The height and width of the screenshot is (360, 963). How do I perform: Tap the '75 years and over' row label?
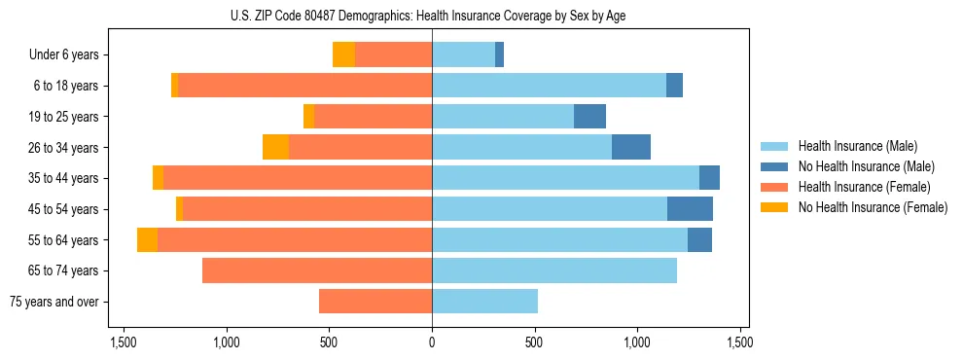click(54, 302)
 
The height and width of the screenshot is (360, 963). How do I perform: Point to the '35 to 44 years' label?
click(63, 178)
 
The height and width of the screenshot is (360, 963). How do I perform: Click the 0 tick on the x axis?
click(432, 342)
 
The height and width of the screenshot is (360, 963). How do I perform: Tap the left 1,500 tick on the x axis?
click(124, 342)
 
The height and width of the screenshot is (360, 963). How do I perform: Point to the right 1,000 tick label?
click(637, 342)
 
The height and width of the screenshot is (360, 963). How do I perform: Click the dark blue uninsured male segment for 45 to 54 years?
click(690, 209)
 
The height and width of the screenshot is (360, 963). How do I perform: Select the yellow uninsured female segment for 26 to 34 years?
click(275, 147)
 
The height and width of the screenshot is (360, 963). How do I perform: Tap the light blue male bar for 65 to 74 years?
click(554, 270)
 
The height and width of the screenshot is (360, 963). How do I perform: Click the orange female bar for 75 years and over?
click(375, 302)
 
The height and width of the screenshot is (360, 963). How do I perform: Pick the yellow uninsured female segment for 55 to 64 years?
click(147, 240)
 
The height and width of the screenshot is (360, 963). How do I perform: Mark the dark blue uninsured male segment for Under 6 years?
click(499, 55)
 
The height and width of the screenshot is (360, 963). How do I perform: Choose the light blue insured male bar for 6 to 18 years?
click(549, 86)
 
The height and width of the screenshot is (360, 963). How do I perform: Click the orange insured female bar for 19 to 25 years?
click(373, 117)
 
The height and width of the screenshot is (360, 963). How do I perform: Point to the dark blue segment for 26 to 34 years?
click(631, 147)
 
